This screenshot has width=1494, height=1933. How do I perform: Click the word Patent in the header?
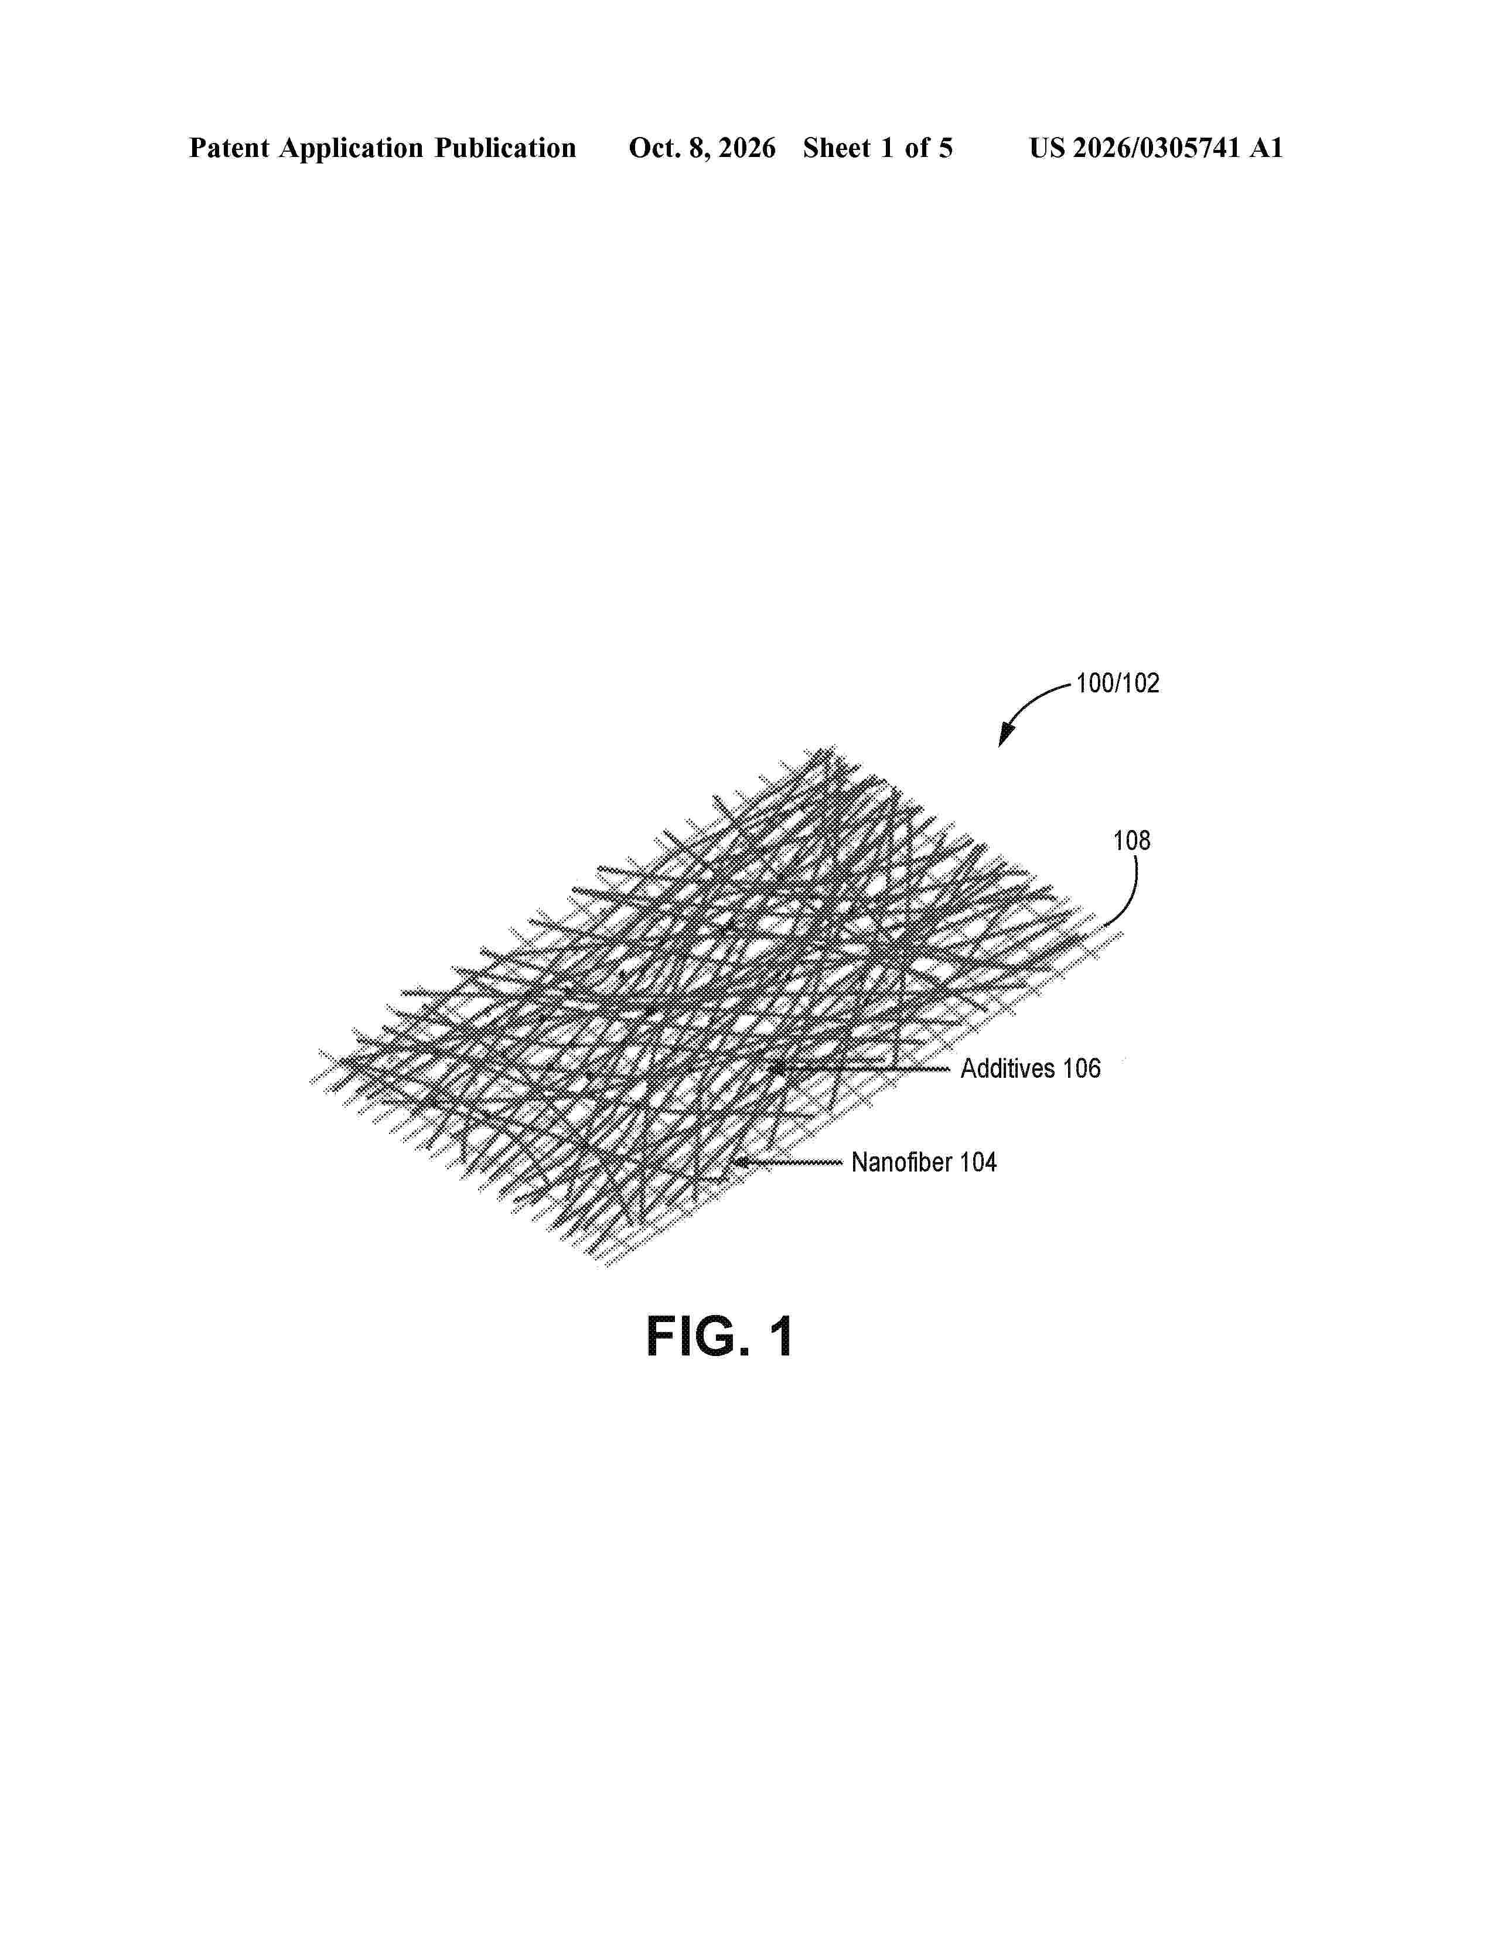[x=229, y=148]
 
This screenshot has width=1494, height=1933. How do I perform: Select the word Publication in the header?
[x=504, y=148]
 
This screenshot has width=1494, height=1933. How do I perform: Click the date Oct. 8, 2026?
[x=702, y=148]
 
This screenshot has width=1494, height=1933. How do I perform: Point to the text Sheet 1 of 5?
[x=878, y=148]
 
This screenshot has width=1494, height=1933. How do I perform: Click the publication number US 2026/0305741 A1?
[x=1156, y=148]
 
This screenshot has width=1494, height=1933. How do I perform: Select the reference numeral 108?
[x=1131, y=841]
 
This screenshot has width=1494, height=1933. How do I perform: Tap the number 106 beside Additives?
[x=1082, y=1068]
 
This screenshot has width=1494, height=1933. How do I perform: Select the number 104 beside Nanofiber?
[x=977, y=1162]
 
